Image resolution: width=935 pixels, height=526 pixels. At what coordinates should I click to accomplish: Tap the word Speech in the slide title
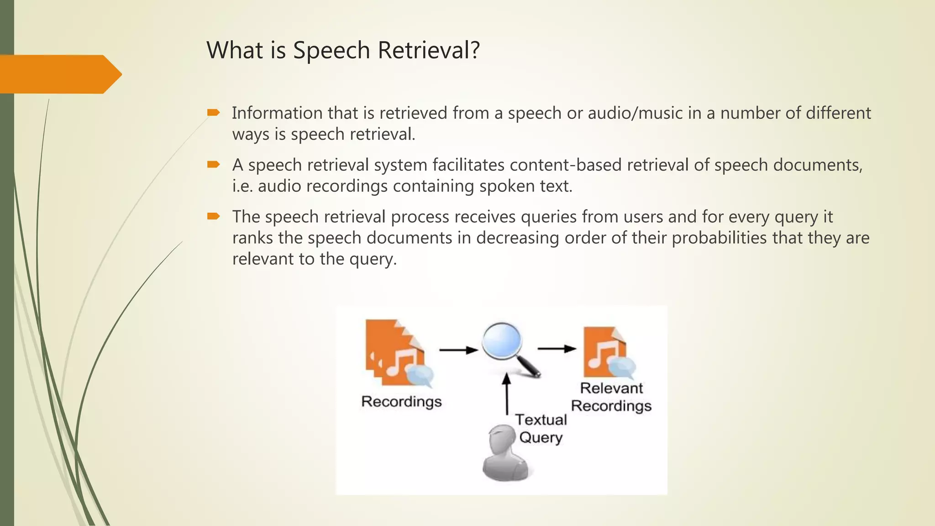coord(331,51)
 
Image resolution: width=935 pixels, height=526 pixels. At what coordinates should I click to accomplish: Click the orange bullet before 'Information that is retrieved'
coord(213,112)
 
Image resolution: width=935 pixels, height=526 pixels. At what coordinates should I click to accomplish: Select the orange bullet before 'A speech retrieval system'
coord(213,164)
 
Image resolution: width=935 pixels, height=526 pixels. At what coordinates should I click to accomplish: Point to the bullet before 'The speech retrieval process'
coord(213,216)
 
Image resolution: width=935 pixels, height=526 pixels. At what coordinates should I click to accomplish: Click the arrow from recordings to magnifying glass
coord(458,350)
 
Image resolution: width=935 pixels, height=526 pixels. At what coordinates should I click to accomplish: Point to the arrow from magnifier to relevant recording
coord(557,349)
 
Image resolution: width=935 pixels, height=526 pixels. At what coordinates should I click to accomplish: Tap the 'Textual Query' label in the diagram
coord(541,428)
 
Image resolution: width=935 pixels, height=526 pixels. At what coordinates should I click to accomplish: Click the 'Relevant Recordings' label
coord(611,397)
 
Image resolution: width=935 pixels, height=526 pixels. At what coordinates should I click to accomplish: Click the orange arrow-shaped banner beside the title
coord(59,74)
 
